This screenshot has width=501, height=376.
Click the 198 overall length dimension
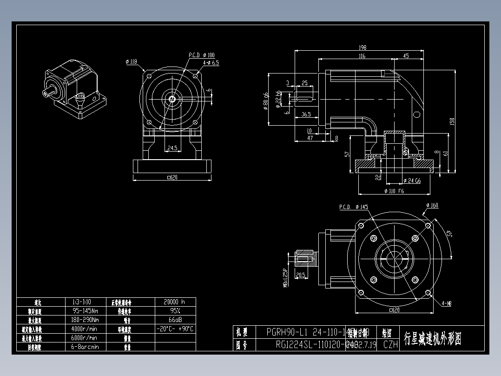click(363, 47)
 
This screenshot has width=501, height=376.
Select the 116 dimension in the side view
click(362, 56)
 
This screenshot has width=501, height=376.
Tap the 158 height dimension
click(451, 121)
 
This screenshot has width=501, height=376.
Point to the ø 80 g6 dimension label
click(266, 100)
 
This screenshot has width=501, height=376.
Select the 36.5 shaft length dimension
click(306, 114)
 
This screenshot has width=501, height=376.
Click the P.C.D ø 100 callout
click(201, 55)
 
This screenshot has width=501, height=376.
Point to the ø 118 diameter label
click(132, 61)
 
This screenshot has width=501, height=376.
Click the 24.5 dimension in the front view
click(172, 149)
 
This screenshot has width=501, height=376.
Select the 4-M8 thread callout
click(446, 303)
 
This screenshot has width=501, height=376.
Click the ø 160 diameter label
click(432, 205)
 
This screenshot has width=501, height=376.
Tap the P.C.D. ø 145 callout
click(353, 206)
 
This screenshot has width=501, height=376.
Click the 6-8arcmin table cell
click(85, 347)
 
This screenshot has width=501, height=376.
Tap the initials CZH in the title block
click(390, 345)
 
